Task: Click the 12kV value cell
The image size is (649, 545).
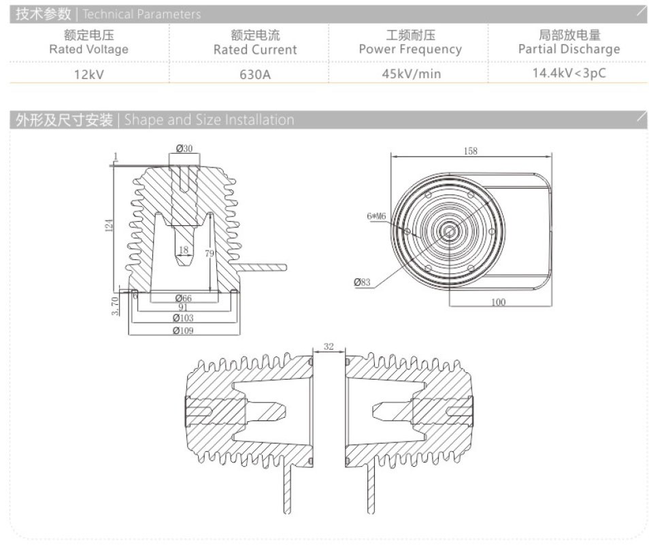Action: pos(89,74)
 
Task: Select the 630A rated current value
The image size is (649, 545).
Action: pos(255,74)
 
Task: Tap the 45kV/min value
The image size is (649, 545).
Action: pos(412,74)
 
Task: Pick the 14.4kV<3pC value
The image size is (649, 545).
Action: pos(569,73)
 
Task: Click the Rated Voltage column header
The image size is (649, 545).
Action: pos(89,42)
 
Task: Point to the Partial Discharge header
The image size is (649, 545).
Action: pos(569,42)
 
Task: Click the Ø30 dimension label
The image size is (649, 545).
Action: pos(184,148)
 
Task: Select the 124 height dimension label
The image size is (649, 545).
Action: pos(109,225)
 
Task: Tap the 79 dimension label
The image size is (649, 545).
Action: pos(210,253)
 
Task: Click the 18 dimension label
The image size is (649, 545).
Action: pos(184,250)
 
